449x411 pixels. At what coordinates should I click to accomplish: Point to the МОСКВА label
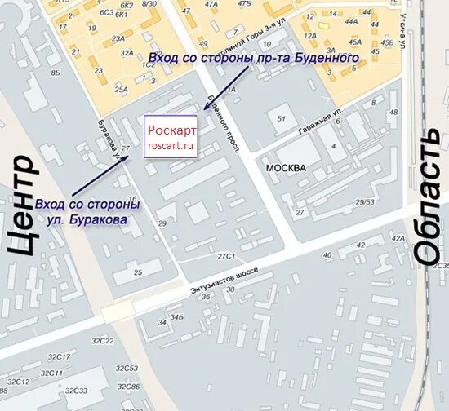coord(286,167)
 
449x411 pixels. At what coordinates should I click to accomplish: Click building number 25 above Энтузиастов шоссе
coord(137,272)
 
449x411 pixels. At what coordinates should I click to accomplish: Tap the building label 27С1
coord(225,256)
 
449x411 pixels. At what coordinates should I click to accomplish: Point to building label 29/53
coord(365,201)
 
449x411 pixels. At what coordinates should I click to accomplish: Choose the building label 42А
coord(398,239)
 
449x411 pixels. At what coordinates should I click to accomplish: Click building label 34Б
coord(176,316)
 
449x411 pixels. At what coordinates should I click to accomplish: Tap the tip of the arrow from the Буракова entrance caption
coord(128,156)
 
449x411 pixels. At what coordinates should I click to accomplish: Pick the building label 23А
coord(118,38)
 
